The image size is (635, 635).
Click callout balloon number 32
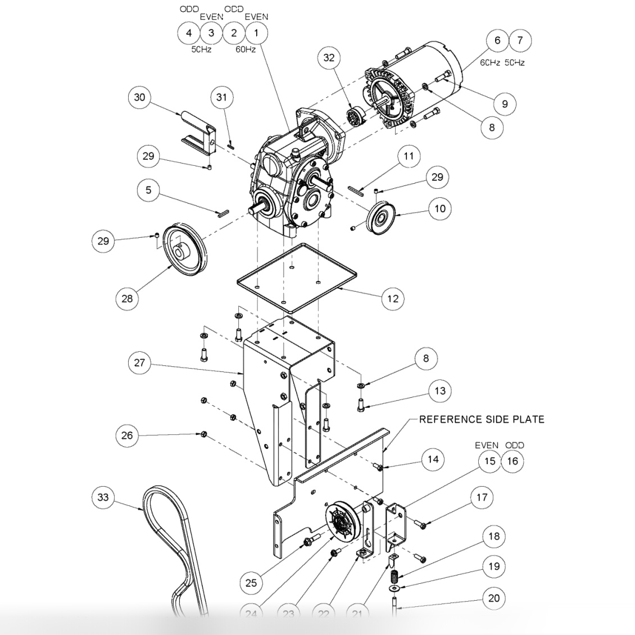(329, 58)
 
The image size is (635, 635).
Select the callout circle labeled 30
(139, 97)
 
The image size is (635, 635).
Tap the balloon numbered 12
(393, 298)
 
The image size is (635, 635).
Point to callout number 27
(139, 362)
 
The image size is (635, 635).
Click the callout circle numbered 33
(103, 497)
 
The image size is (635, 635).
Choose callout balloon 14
(433, 459)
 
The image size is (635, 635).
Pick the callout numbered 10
(440, 208)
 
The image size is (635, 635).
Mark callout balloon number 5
(148, 190)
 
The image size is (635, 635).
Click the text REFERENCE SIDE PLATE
(482, 419)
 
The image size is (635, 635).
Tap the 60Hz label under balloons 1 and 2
(245, 49)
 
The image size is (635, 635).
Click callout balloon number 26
(128, 436)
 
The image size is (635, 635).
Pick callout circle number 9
(505, 103)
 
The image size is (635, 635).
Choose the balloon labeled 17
(482, 497)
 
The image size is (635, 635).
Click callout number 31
(222, 97)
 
